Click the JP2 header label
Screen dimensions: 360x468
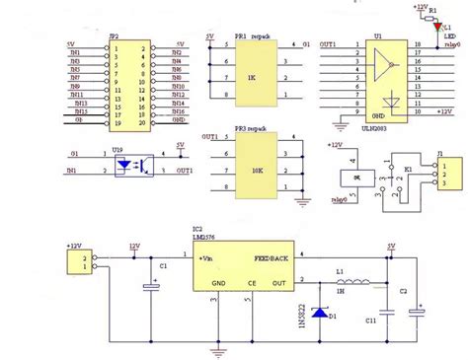pos(117,35)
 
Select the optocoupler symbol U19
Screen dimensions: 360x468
pos(125,166)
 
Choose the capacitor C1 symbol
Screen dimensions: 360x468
pos(151,286)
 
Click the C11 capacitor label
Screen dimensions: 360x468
pos(370,321)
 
